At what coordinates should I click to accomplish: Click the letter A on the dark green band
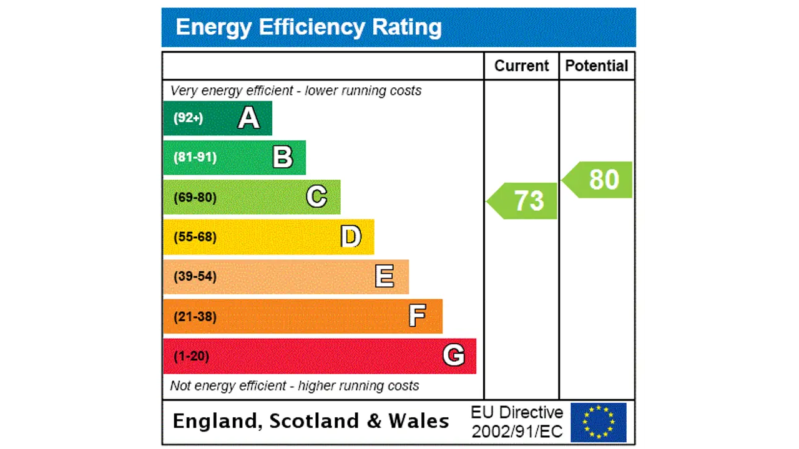[x=248, y=118]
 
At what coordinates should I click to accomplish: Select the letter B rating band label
[x=283, y=157]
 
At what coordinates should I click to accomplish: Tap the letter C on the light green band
[x=316, y=197]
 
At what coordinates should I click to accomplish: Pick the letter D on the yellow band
[x=351, y=237]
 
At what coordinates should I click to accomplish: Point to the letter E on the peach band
[x=385, y=276]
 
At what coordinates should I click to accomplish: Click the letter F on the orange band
[x=417, y=316]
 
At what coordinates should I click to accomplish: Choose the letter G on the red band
[x=453, y=355]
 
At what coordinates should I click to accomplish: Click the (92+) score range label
[x=188, y=118]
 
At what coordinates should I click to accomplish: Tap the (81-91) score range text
[x=195, y=157]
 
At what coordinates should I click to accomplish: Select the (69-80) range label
[x=195, y=197]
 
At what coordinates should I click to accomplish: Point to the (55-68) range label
[x=195, y=237]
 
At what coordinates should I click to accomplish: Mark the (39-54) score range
[x=195, y=276]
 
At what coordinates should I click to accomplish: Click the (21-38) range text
[x=195, y=316]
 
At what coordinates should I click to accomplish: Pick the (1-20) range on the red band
[x=191, y=356]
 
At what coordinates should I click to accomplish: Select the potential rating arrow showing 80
[x=599, y=180]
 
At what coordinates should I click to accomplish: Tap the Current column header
[x=521, y=66]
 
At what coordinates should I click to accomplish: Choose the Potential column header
[x=597, y=66]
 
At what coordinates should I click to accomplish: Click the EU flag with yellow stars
[x=598, y=422]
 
